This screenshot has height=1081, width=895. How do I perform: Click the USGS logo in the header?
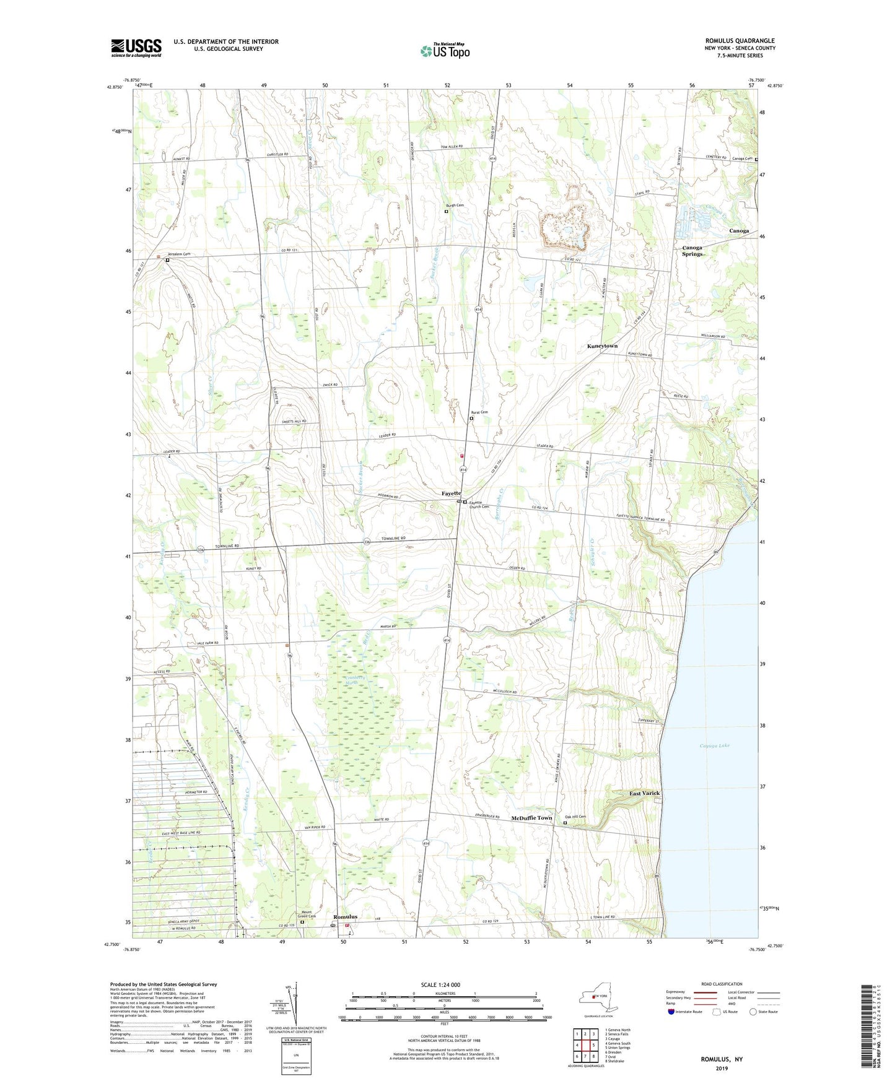pos(136,48)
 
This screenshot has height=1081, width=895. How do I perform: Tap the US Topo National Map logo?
pos(445,50)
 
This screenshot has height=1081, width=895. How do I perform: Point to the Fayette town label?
pos(451,493)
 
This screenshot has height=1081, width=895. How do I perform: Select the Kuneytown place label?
pos(602,346)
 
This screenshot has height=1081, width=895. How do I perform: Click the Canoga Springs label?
pos(692,251)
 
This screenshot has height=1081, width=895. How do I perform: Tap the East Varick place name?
pos(645,793)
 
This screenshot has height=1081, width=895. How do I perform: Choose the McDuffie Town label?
pos(531,818)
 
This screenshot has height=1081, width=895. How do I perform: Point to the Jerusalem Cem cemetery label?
pos(179,254)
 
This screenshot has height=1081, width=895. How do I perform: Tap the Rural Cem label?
pos(480,412)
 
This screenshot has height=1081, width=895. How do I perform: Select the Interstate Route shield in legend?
pos(671,1012)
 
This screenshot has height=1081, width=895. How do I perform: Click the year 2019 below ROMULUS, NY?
pos(722,1069)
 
